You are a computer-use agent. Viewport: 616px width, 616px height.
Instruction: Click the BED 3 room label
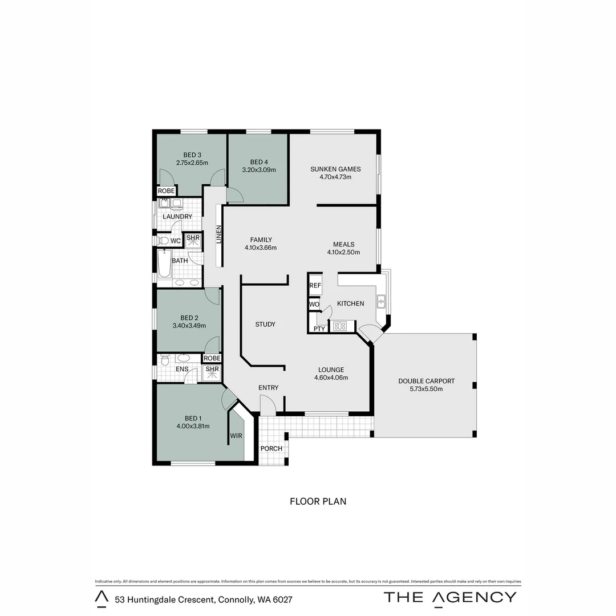(192, 155)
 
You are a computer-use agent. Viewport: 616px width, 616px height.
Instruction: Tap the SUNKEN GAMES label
(335, 169)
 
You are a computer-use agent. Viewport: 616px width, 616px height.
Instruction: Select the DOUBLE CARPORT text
(426, 381)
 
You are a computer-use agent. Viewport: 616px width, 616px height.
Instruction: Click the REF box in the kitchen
(315, 285)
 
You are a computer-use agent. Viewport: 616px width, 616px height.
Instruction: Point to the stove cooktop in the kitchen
(340, 326)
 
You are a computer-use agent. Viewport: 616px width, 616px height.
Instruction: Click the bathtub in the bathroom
(164, 266)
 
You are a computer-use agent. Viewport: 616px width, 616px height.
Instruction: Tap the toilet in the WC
(164, 241)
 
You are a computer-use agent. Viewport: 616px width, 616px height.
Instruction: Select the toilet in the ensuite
(165, 360)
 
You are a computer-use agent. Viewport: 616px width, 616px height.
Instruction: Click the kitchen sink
(380, 299)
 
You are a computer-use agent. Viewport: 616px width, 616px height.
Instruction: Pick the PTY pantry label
(319, 329)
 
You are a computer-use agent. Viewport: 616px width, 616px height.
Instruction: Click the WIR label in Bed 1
(237, 436)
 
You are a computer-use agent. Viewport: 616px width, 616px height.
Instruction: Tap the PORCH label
(271, 448)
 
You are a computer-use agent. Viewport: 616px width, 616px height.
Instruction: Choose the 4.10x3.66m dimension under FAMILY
(260, 248)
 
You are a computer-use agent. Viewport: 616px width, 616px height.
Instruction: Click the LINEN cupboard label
(218, 235)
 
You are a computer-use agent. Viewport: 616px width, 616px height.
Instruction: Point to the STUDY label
(265, 324)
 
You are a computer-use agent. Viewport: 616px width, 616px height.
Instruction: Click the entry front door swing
(268, 406)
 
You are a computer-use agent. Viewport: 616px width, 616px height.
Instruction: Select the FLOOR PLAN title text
(318, 501)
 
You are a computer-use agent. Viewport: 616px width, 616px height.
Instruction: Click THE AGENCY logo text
(450, 597)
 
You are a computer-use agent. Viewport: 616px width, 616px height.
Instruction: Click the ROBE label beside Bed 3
(167, 191)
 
